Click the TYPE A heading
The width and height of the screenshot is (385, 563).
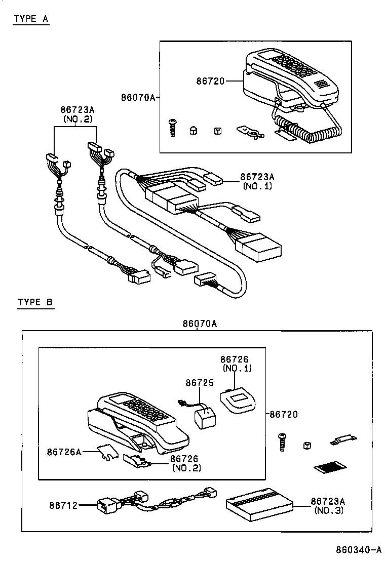[x=31, y=19]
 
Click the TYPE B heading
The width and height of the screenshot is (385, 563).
[x=35, y=302]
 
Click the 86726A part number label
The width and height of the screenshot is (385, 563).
[x=64, y=451]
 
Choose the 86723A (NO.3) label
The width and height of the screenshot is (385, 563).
[x=328, y=505]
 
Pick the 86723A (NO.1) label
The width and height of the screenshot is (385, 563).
[x=257, y=181]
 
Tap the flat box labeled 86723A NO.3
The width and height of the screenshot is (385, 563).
[x=258, y=503]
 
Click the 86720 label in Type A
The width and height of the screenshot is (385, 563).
[x=209, y=81]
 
